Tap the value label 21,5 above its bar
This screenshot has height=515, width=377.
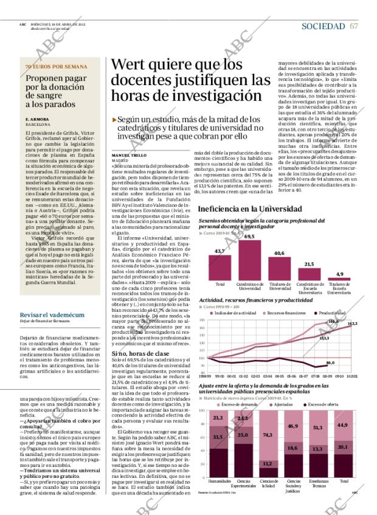[308, 247]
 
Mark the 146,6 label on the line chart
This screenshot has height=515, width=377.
[333, 321]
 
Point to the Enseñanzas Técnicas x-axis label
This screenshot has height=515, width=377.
[317, 483]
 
